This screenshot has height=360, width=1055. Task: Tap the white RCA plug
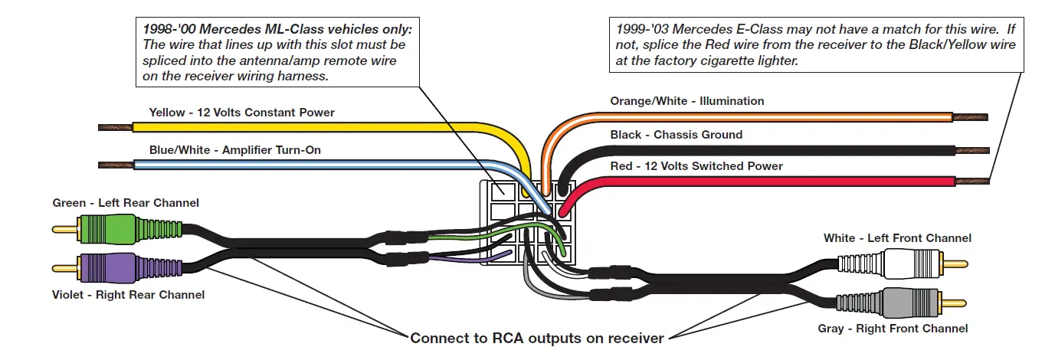pyautogui.click(x=912, y=263)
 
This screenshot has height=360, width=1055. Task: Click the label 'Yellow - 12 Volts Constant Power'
pyautogui.click(x=242, y=113)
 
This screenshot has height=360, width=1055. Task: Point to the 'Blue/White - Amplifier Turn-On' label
pyautogui.click(x=235, y=150)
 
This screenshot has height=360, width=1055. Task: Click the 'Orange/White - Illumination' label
pyautogui.click(x=686, y=101)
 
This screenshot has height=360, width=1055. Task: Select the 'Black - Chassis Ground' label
pyautogui.click(x=676, y=135)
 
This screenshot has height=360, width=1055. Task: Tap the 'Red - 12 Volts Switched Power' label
pyautogui.click(x=696, y=166)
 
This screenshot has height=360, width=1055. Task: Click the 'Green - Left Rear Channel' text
pyautogui.click(x=126, y=203)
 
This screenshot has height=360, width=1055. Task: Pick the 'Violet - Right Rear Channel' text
pyautogui.click(x=128, y=295)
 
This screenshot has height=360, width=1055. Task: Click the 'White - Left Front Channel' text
pyautogui.click(x=897, y=238)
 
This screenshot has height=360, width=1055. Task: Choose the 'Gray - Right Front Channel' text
pyautogui.click(x=893, y=329)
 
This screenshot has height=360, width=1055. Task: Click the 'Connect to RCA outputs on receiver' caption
pyautogui.click(x=537, y=338)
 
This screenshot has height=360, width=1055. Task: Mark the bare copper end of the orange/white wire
pyautogui.click(x=971, y=117)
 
